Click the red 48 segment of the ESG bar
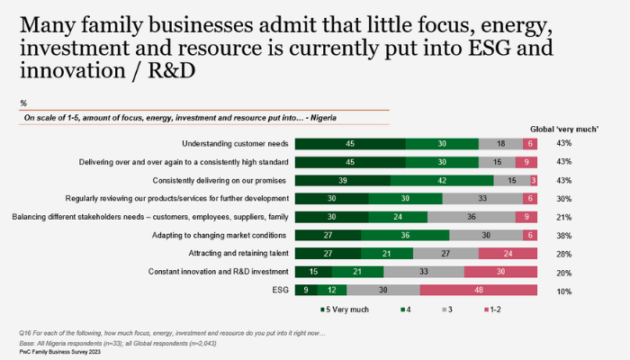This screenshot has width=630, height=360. (x=479, y=289)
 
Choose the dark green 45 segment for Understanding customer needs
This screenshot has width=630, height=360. (x=350, y=143)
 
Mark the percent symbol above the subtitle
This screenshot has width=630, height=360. (x=22, y=103)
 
